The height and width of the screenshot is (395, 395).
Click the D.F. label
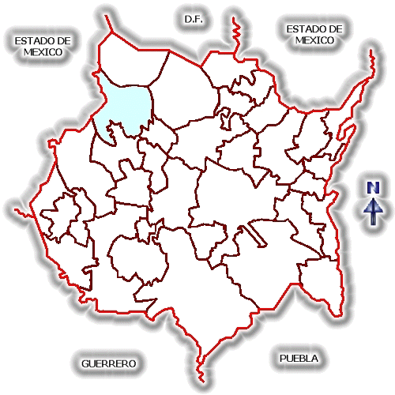point(194,19)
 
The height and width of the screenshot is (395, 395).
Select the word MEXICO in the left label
point(43,52)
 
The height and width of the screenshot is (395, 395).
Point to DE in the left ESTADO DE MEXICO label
point(63,41)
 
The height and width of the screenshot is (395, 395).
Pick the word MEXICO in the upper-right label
point(314,40)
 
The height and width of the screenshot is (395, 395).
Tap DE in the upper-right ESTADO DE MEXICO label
point(335,29)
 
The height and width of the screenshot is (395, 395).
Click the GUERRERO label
point(109,363)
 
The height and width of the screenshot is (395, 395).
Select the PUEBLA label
point(299,358)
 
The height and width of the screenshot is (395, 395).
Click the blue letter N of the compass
point(373,187)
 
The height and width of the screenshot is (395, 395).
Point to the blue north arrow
point(374,212)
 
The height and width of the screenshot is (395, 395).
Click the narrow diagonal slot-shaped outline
point(255,235)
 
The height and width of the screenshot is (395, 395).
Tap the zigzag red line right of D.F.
point(235,37)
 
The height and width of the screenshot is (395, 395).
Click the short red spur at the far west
point(24,213)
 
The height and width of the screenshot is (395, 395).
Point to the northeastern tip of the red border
point(371,50)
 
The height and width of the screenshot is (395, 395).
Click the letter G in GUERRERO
point(85,363)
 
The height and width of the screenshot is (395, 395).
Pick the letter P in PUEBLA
point(283,358)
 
